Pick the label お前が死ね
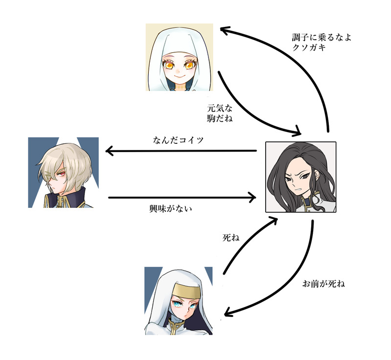(323, 284)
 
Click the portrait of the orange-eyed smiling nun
(179, 57)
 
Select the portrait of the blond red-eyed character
(64, 172)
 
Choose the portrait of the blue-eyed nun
(179, 299)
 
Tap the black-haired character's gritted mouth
(297, 189)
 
